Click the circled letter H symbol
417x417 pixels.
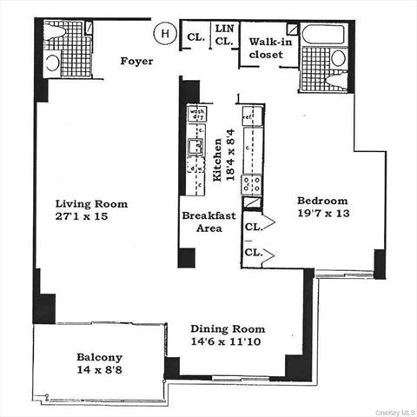point(162,34)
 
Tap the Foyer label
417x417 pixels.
point(136,62)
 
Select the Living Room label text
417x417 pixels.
point(88,204)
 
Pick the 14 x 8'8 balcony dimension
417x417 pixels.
point(99,370)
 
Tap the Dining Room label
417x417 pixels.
point(228,330)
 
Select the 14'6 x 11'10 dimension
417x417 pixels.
point(228,343)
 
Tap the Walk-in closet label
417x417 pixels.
point(267,48)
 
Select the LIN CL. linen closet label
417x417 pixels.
point(224,35)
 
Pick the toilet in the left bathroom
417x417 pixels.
point(52,62)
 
